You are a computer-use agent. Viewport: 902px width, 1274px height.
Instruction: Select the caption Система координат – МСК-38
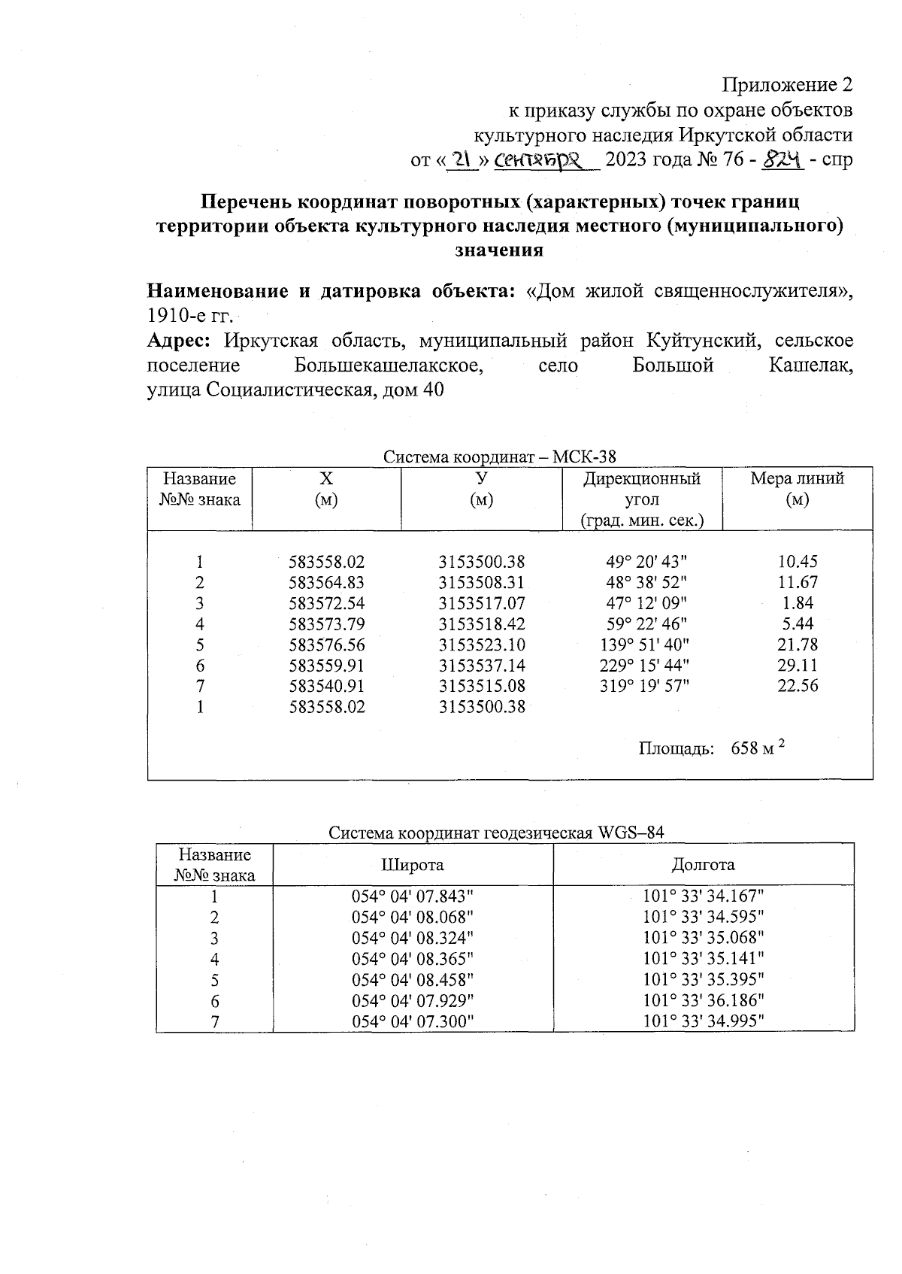coord(500,457)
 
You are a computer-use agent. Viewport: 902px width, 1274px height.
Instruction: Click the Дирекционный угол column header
coord(641,499)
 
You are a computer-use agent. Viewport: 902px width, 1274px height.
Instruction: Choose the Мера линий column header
coord(797,488)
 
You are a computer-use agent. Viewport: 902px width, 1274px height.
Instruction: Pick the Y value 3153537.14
coord(482,665)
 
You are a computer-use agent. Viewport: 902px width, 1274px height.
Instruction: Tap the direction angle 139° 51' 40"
coord(646,645)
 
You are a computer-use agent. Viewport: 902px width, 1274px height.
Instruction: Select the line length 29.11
coord(798,665)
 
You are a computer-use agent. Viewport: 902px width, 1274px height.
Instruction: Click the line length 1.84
coord(798,603)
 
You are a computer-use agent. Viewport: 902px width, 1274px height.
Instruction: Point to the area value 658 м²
coord(758,748)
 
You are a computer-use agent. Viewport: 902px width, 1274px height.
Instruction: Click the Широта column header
coord(412,865)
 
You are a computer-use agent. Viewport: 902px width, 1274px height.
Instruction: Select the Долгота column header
coord(703,865)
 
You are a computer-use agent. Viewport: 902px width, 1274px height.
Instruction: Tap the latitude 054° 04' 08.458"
coord(413,980)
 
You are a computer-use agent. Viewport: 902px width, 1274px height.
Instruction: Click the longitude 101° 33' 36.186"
coord(704,1000)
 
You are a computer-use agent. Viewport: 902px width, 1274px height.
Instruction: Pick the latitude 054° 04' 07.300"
coord(413,1021)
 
